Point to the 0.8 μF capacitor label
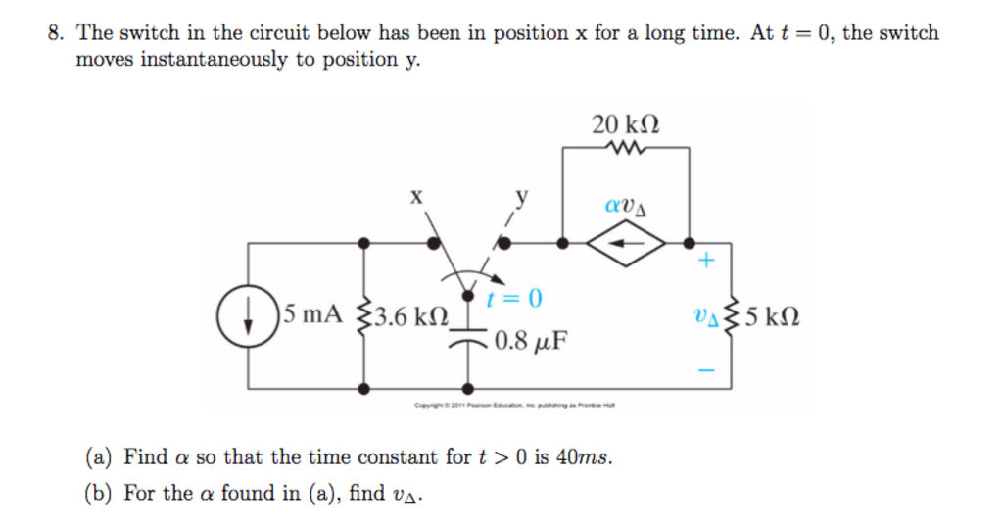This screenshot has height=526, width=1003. tap(531, 342)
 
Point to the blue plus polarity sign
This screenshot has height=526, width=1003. tap(708, 262)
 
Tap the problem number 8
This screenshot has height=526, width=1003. tap(56, 33)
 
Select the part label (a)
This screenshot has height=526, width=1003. tap(100, 457)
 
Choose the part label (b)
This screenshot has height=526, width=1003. tap(101, 493)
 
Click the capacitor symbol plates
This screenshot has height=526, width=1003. tap(470, 339)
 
